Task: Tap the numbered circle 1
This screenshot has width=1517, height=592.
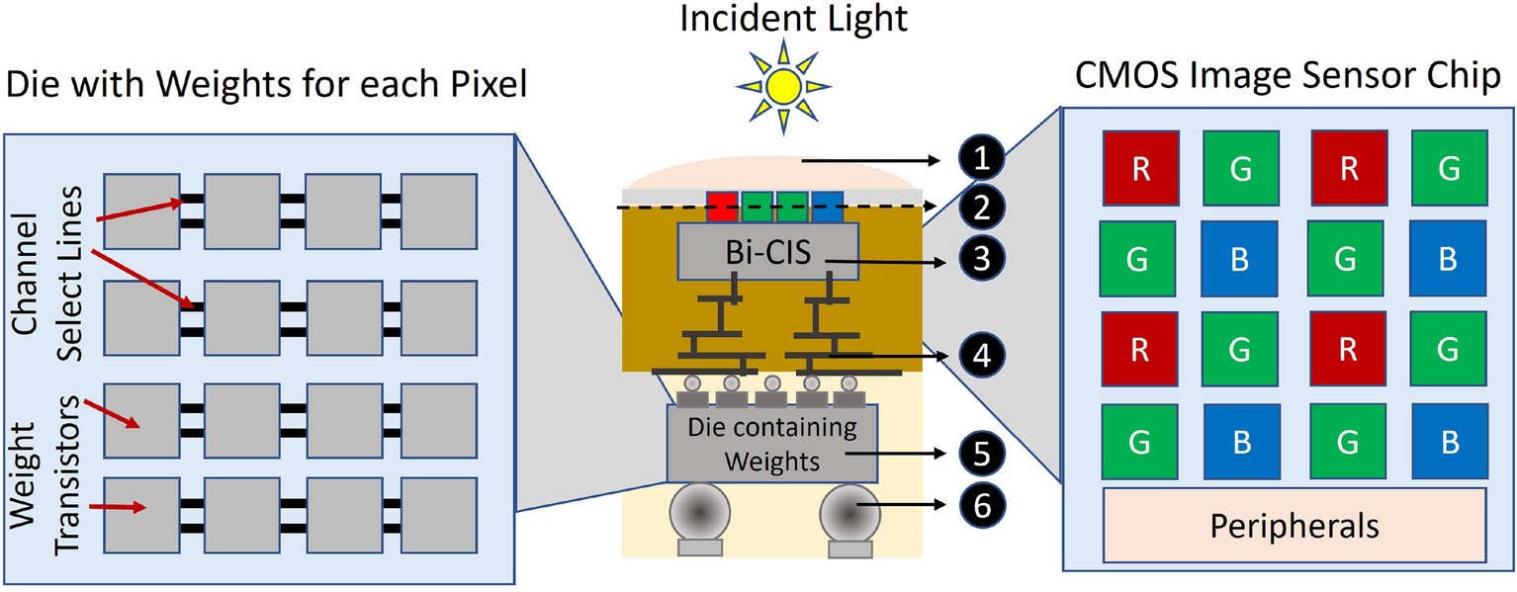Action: point(980,158)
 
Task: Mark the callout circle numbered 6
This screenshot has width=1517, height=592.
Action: point(980,507)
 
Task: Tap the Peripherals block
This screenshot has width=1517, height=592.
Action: point(1294,526)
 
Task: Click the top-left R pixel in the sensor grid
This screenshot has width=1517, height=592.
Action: point(1139,169)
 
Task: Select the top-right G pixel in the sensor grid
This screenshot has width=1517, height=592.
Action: point(1449,169)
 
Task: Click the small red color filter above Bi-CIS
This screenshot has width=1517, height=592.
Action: point(723,207)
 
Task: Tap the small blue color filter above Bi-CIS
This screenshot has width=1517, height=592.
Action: point(827,207)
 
